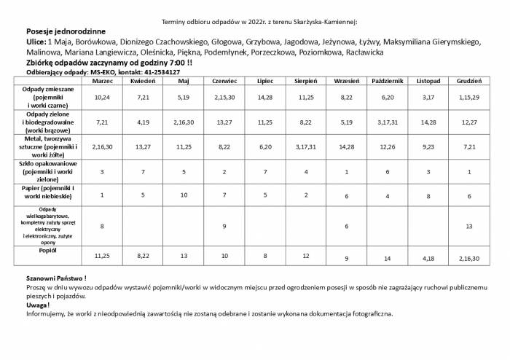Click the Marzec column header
[x=102, y=80]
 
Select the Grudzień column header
[x=467, y=80]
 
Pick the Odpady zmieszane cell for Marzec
[x=102, y=97]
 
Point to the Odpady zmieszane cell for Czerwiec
[x=224, y=97]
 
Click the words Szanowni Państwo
[x=55, y=279]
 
